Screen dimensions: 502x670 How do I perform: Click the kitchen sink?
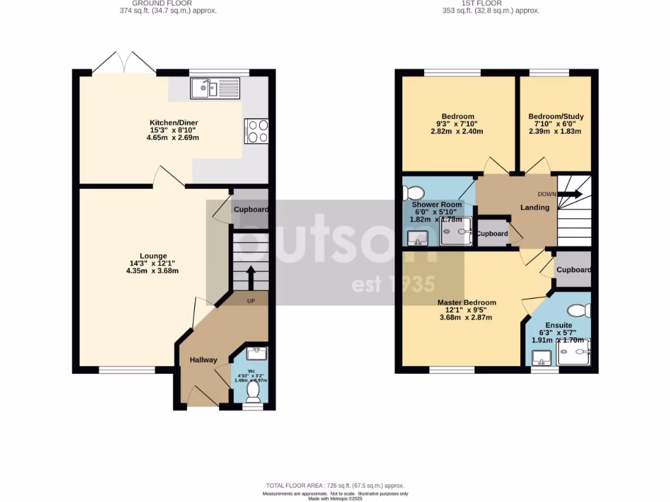(215, 88)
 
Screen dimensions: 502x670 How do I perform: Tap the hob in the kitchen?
(256, 131)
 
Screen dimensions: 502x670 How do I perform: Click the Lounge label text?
(153, 256)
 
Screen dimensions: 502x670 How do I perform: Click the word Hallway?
(203, 360)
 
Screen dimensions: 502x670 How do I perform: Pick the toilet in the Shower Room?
(414, 193)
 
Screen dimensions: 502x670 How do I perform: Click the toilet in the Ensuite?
(578, 310)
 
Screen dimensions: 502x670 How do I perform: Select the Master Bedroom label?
(467, 303)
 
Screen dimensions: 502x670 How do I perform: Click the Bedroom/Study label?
(555, 117)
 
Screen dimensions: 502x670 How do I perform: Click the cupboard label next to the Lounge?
(251, 209)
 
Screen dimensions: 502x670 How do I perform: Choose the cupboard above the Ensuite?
(573, 270)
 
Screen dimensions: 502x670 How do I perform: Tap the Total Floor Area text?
(335, 486)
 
